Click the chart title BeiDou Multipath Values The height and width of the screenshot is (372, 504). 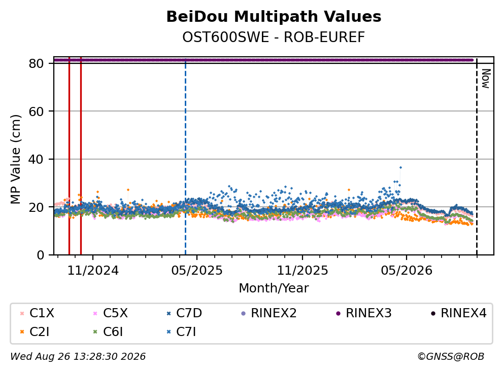pos(274,17)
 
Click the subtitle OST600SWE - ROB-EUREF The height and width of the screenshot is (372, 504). pos(274,37)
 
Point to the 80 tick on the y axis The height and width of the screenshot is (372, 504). pos(36,63)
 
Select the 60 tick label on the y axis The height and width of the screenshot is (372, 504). pos(36,111)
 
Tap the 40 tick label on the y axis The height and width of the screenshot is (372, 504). pos(36,159)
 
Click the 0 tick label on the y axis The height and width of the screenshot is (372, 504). pos(40,255)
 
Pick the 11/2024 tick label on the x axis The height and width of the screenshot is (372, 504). pos(93,271)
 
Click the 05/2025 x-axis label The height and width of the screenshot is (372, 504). pos(197,271)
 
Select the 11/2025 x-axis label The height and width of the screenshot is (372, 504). pos(303,271)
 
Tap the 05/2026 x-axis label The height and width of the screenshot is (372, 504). pos(407,271)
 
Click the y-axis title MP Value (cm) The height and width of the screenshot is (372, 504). pos(15,159)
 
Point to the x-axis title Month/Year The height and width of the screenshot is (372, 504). pos(274,288)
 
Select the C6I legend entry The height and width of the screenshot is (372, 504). pos(108,332)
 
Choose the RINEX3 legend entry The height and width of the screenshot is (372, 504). pos(364,313)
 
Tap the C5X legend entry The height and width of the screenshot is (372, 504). pos(110,313)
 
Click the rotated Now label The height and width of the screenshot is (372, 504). pos(486,79)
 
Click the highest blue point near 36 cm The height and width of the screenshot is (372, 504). pos(400,168)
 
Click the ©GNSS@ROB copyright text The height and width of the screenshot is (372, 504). pos(451,356)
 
